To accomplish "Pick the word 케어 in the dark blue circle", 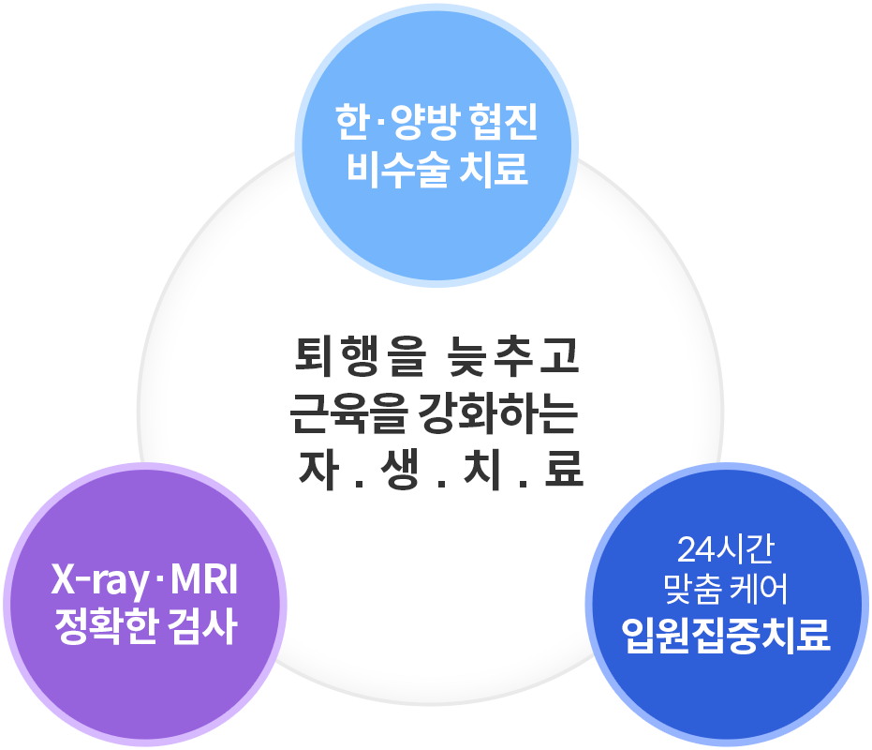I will (x=758, y=590).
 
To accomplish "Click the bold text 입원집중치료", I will (x=726, y=635).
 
